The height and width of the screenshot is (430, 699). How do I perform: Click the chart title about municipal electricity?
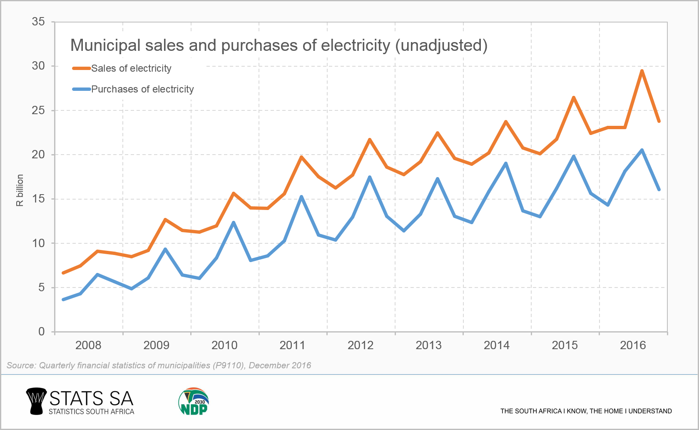(279, 45)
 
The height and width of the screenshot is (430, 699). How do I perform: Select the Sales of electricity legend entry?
(131, 68)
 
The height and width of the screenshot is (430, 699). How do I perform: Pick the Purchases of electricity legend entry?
(142, 89)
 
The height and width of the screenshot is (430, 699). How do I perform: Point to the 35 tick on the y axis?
(38, 22)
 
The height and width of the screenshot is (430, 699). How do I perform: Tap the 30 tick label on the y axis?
(38, 66)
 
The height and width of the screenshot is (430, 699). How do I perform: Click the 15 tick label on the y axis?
(38, 199)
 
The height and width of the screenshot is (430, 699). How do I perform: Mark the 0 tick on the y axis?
(41, 332)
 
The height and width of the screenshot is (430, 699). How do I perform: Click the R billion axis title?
(20, 190)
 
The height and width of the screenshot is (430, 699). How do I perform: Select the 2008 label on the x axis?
(88, 345)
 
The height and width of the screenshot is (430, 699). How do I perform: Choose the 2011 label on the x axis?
(292, 345)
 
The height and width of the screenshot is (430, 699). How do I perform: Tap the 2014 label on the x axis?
(497, 345)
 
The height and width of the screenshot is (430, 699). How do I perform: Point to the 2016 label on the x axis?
(633, 345)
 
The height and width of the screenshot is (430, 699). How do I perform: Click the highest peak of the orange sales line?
(642, 71)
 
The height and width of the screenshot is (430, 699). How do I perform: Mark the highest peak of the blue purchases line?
(642, 150)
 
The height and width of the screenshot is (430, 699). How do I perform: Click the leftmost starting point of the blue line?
(63, 300)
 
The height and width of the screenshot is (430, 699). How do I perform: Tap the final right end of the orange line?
(659, 121)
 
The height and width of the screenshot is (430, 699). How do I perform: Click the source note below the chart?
(159, 365)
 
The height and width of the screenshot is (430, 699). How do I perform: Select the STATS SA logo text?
(91, 399)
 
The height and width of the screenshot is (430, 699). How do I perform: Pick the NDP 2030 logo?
(194, 401)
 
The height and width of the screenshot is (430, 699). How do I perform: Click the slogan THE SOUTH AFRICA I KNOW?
(586, 411)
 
